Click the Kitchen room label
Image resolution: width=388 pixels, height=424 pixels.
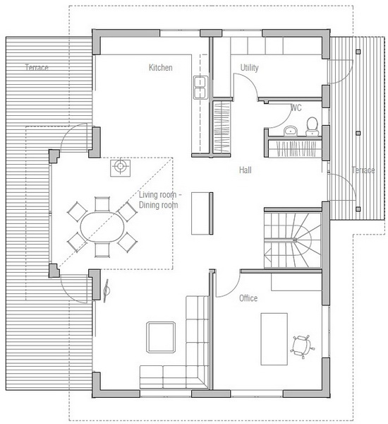[160, 68]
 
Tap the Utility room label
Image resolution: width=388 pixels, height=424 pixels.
[249, 68]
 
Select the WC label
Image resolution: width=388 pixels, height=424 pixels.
[296, 108]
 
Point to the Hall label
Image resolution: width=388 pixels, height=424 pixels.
[245, 170]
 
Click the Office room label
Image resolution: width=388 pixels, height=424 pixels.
[248, 298]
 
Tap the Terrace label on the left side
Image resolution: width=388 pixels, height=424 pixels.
[37, 67]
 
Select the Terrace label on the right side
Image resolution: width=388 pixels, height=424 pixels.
[363, 170]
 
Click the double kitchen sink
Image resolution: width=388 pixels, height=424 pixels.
[200, 88]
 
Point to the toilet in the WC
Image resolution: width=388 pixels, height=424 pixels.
[312, 126]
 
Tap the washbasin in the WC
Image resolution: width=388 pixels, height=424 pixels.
[290, 131]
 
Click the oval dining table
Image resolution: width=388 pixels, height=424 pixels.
[102, 227]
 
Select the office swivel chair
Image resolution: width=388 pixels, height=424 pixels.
[302, 346]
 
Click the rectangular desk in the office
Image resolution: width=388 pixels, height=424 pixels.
[274, 339]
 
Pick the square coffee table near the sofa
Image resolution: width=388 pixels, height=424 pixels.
[161, 337]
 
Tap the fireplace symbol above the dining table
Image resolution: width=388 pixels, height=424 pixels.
[120, 168]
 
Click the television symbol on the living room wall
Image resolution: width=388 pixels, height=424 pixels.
[106, 290]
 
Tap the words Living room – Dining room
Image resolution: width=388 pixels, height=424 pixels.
[160, 200]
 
